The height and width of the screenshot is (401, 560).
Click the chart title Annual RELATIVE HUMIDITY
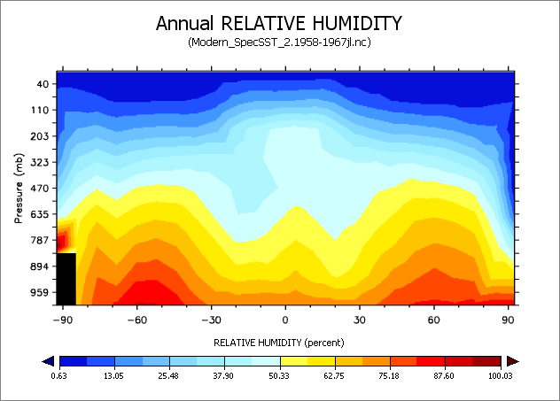tap(278, 23)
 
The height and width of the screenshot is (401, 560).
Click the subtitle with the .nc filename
tap(278, 42)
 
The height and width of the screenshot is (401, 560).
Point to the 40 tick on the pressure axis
tap(42, 85)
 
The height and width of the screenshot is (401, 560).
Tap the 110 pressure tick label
tap(39, 111)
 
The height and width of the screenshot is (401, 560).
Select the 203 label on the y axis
tap(39, 137)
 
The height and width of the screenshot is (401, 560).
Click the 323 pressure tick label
tap(39, 163)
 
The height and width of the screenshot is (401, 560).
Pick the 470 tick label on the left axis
tap(39, 189)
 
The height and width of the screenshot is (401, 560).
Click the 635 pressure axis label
tap(39, 214)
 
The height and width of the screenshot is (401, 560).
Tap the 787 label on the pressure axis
tap(39, 240)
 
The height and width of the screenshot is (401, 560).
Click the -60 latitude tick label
tap(136, 319)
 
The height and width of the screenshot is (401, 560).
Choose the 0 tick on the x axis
tap(285, 319)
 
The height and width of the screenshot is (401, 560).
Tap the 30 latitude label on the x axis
tap(360, 319)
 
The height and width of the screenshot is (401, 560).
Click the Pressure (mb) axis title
tap(19, 189)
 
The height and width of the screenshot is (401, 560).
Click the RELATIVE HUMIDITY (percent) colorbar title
tap(278, 341)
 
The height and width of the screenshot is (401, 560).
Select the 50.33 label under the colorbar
tap(280, 375)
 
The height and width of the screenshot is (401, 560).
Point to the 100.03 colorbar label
tap(501, 375)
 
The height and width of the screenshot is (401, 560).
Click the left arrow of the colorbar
tap(49, 360)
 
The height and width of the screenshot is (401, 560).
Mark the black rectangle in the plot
tap(66, 279)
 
